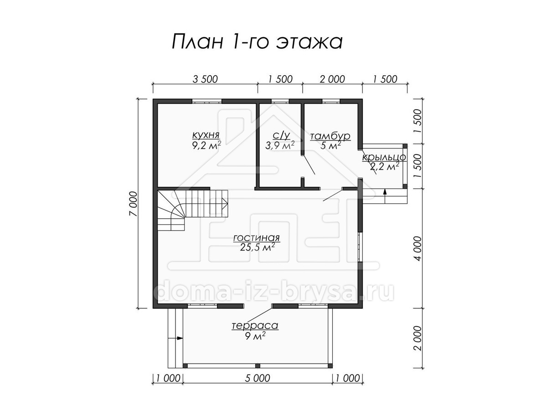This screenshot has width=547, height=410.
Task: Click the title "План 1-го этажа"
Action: (257, 41)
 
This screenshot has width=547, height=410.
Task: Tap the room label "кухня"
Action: (206, 135)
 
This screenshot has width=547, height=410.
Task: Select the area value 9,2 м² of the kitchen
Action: (206, 145)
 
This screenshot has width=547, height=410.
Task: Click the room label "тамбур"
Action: (330, 136)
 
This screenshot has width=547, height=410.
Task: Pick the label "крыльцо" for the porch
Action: (384, 157)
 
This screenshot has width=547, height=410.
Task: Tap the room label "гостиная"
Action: (257, 238)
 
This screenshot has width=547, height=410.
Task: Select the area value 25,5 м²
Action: (258, 247)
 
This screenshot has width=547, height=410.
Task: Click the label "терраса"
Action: (255, 326)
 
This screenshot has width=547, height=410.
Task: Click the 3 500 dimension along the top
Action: (205, 79)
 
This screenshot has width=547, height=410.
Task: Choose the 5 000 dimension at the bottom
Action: (257, 379)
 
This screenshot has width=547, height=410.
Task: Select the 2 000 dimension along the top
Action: (332, 79)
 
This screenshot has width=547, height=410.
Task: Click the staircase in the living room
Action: (192, 210)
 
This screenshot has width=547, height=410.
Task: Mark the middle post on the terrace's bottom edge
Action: (258, 366)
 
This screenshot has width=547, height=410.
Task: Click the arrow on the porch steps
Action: (385, 196)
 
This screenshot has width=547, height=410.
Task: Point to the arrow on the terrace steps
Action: (175, 338)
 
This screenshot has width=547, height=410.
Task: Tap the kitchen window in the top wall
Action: (207, 101)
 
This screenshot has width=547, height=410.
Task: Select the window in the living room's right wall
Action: (360, 247)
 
